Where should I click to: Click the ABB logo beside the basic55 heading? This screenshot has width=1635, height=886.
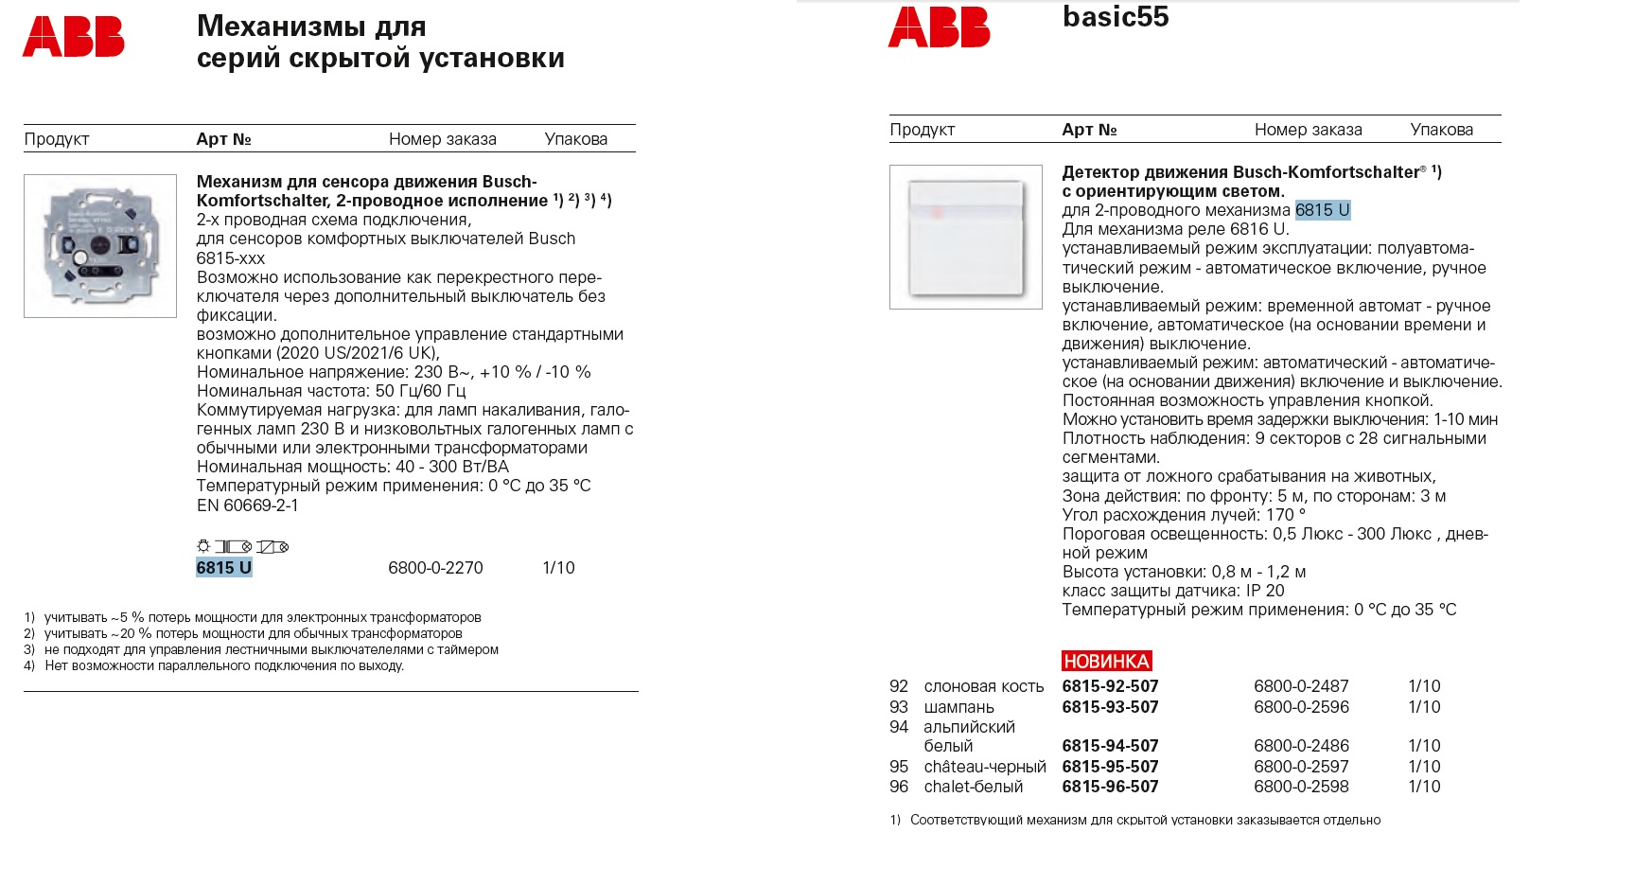939,27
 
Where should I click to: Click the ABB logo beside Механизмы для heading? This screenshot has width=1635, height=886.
74,37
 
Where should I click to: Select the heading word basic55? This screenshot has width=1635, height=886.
1116,17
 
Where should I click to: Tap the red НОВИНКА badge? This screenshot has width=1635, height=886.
1106,661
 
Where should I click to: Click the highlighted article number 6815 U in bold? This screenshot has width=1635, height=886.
223,568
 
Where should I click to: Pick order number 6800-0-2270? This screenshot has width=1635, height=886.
435,568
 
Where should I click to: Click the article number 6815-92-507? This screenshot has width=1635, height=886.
1110,686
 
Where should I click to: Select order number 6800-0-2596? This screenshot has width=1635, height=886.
1301,707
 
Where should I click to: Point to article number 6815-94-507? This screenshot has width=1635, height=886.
1110,746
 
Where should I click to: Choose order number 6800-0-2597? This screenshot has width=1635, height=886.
1301,767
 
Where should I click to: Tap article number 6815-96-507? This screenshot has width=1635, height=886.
1110,787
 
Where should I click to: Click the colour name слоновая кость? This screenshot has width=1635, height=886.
984,686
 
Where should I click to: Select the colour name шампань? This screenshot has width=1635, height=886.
958,707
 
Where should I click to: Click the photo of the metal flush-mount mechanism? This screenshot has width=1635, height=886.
100,246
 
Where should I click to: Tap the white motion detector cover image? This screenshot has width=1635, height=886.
966,237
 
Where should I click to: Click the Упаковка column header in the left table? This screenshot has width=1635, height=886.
575,139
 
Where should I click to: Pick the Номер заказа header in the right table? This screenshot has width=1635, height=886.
1308,130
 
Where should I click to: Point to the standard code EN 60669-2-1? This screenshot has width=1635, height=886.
247,505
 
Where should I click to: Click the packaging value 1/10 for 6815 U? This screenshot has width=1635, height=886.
558,568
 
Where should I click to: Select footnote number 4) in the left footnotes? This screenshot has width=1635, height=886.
29,665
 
